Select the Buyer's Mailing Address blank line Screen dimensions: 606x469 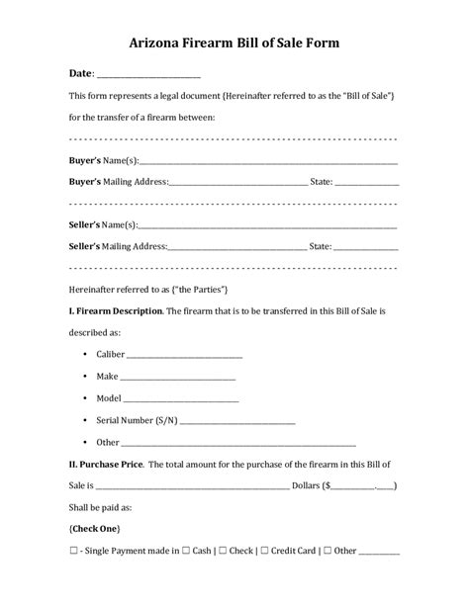point(237,184)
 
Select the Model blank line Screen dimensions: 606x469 point(181,401)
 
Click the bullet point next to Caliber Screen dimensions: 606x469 point(79,354)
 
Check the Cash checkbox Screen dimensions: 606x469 point(188,551)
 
